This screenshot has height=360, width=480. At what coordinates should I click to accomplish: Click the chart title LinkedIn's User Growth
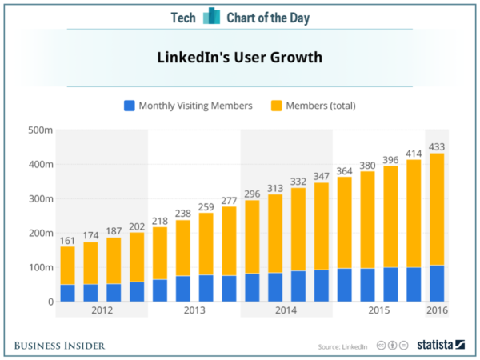(239, 58)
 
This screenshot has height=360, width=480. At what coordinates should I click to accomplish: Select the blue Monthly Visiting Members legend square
(129, 105)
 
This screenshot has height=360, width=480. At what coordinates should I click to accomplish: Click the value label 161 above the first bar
(67, 239)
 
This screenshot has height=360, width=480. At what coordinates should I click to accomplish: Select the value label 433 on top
(437, 146)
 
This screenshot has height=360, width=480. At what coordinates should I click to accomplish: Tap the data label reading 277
(229, 200)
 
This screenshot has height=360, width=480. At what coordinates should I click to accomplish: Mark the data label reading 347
(322, 176)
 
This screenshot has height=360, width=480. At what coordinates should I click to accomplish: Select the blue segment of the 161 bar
(67, 293)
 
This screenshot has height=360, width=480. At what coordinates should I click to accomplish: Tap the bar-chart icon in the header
(211, 17)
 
